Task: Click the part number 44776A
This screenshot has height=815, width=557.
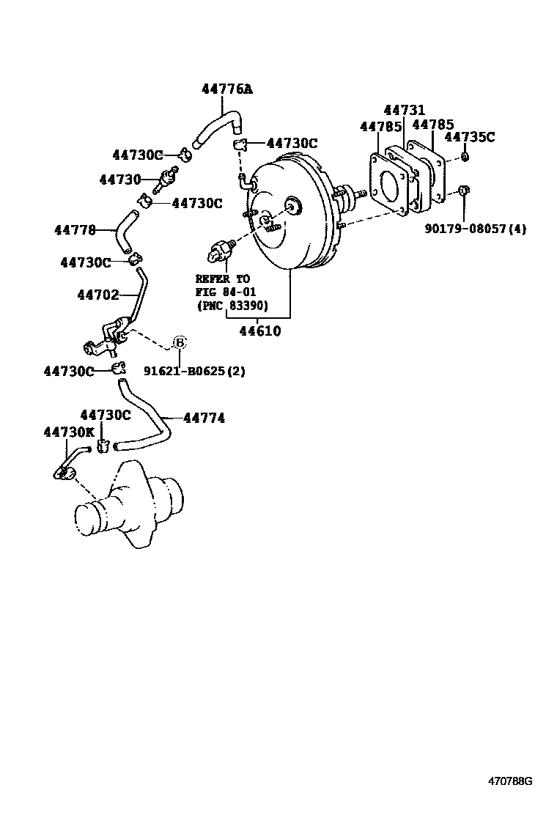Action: pyautogui.click(x=226, y=89)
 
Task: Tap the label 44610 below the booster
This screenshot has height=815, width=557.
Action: pyautogui.click(x=260, y=331)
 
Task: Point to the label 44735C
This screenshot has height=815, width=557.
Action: pyautogui.click(x=470, y=136)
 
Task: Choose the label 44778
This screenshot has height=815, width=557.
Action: pyautogui.click(x=75, y=229)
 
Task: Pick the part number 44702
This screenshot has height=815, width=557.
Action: pyautogui.click(x=97, y=295)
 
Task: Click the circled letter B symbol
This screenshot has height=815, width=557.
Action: pyautogui.click(x=180, y=342)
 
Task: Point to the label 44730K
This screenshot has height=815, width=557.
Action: pyautogui.click(x=69, y=432)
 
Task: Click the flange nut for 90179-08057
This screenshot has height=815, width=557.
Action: pyautogui.click(x=465, y=192)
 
